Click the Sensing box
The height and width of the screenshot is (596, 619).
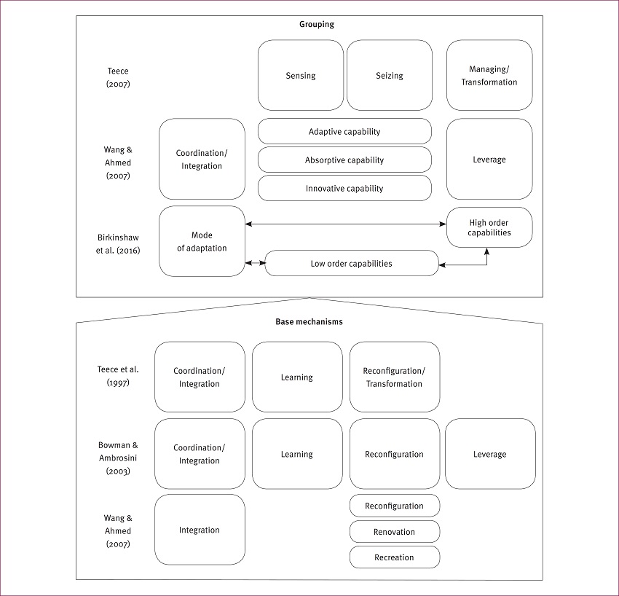pos(301,76)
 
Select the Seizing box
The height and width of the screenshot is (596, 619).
pos(390,76)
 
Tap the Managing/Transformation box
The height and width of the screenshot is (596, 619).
pos(489,76)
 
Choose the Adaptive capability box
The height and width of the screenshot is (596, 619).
pos(344,132)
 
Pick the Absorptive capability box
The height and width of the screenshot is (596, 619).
pos(344,160)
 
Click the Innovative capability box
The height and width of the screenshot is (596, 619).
pos(344,189)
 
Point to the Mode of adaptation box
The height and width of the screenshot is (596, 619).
pos(202,242)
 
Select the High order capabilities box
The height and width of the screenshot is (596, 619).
pos(489,227)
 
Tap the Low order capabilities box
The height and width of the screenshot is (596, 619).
pos(352,264)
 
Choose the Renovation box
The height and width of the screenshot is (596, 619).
pos(394,532)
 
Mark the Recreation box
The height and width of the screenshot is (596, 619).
pos(394,557)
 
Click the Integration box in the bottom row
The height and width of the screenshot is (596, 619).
pos(200,530)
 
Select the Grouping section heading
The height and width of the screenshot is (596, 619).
pos(316,24)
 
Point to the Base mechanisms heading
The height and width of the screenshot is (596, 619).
pos(309,321)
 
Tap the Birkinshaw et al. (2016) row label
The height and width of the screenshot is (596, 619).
pos(119,243)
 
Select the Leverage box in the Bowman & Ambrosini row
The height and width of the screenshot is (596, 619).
pos(489,454)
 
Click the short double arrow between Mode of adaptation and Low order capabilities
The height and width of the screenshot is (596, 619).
pos(255,263)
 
